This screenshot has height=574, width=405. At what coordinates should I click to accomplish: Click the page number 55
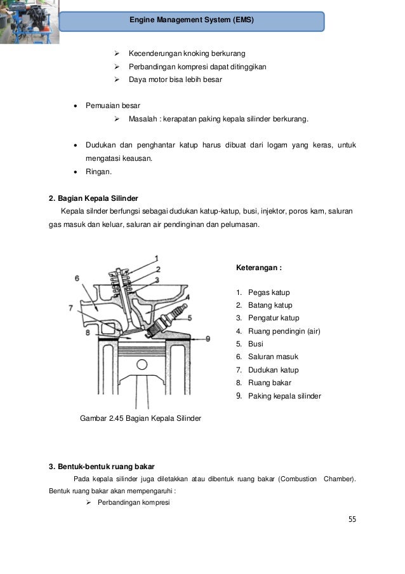352,519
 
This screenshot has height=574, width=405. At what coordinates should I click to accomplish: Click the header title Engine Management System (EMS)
192,20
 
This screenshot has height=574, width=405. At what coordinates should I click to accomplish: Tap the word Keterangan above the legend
258,268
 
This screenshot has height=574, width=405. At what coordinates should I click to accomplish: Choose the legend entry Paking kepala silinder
284,396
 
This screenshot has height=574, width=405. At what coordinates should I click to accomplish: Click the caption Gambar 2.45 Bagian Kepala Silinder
140,418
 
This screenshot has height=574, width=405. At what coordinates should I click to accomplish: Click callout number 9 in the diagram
208,338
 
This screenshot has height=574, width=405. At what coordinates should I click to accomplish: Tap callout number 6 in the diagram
77,278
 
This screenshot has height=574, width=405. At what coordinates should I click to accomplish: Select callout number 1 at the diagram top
157,258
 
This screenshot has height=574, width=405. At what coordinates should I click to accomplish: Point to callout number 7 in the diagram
71,308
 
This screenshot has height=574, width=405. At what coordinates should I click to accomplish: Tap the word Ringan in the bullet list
98,171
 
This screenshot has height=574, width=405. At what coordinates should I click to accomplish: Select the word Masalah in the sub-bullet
144,119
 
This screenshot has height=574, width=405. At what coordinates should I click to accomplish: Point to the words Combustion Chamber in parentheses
317,479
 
